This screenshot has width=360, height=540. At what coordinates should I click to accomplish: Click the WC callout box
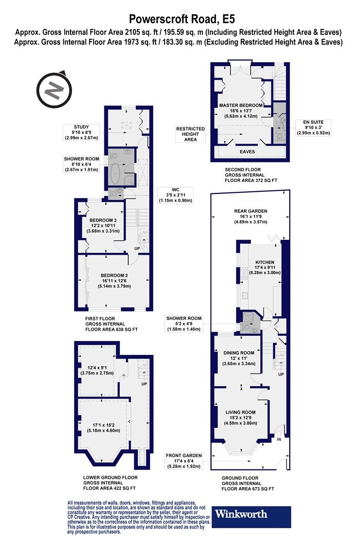(x=176, y=195)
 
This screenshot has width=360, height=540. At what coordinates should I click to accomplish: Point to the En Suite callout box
(x=313, y=128)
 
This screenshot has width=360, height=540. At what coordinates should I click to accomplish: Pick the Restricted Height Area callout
(x=190, y=134)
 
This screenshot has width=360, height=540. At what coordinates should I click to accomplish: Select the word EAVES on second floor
(x=247, y=152)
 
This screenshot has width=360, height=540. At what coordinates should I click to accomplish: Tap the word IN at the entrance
(x=279, y=439)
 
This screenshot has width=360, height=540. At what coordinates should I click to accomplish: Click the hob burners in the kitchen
(x=244, y=273)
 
